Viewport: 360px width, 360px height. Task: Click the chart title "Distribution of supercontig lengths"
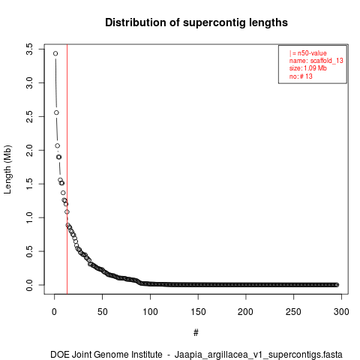(196, 22)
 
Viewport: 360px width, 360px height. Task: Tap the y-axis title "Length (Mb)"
(7, 169)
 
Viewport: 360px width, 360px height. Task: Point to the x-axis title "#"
(196, 333)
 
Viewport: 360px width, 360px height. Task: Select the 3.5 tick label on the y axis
(29, 49)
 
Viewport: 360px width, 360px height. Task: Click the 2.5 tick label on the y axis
(29, 116)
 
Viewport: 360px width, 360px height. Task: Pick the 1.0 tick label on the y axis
(29, 217)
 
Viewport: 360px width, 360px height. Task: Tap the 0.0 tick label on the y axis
(29, 285)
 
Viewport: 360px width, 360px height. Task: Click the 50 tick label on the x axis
(102, 312)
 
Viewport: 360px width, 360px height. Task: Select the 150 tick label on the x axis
(198, 312)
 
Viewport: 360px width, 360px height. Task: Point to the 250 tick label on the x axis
(293, 312)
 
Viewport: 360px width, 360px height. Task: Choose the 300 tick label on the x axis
(341, 312)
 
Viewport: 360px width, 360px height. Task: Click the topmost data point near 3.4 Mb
(55, 53)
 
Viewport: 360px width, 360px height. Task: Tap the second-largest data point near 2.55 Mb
(56, 112)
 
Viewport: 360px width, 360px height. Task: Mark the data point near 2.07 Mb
(58, 145)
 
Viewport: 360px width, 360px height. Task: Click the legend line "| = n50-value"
(308, 53)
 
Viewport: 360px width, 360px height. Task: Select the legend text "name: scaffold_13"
(316, 61)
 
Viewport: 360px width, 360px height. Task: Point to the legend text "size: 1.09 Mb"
(308, 68)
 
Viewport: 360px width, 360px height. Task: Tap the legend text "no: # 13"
(301, 76)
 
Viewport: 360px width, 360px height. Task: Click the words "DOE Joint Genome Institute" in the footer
(106, 354)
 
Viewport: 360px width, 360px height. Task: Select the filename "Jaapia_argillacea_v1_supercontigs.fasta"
(259, 355)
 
